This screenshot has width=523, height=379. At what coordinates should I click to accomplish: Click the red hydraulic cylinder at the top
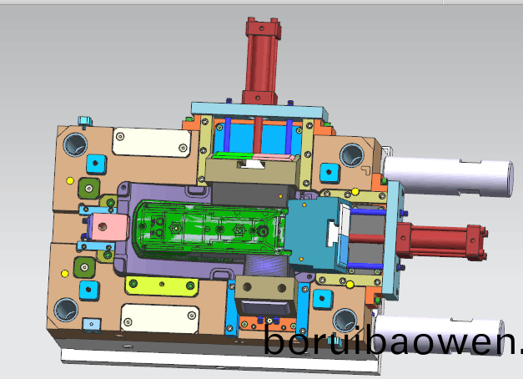(x=262, y=60)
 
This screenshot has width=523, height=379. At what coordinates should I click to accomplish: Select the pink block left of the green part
(x=110, y=227)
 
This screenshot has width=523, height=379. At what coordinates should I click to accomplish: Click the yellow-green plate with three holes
(x=162, y=286)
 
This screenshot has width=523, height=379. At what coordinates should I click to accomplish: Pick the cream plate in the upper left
(x=152, y=142)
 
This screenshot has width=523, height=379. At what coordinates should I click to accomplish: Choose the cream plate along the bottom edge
(x=160, y=319)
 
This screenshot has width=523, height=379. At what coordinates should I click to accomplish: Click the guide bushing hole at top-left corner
(x=76, y=145)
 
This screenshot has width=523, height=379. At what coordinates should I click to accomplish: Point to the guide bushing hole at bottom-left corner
(x=66, y=310)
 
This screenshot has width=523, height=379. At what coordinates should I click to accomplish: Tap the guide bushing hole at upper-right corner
(x=352, y=155)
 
